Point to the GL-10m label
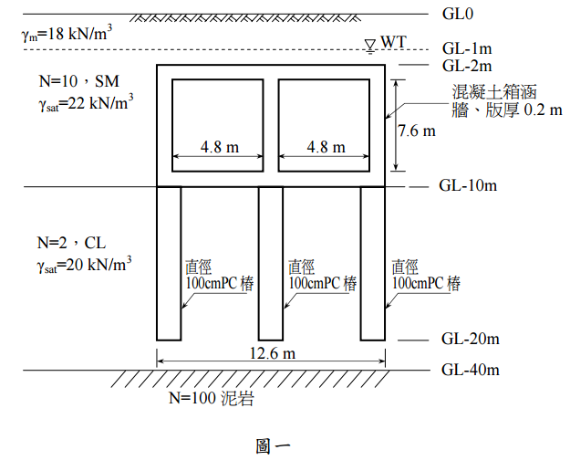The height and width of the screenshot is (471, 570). [x=468, y=186]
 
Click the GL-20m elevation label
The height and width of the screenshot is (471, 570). [x=470, y=340]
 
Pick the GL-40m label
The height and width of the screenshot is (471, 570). [x=470, y=371]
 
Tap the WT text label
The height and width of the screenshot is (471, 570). [x=393, y=42]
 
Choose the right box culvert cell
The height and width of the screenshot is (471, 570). [x=325, y=126]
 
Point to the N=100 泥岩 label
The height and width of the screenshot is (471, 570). [x=211, y=399]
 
